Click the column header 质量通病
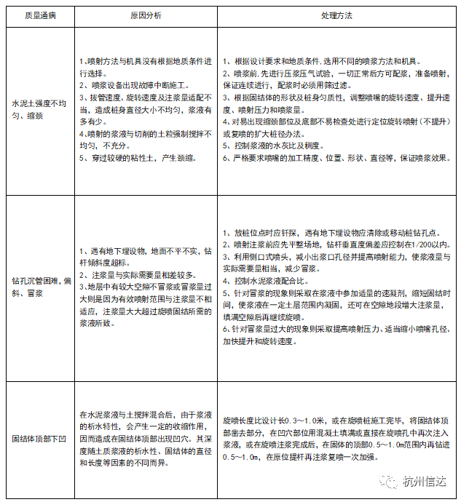click(x=34, y=15)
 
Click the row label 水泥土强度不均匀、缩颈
click(x=34, y=110)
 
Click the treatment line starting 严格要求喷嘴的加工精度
click(x=336, y=158)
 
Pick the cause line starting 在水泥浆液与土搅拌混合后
click(x=146, y=414)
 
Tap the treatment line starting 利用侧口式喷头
click(x=336, y=256)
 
